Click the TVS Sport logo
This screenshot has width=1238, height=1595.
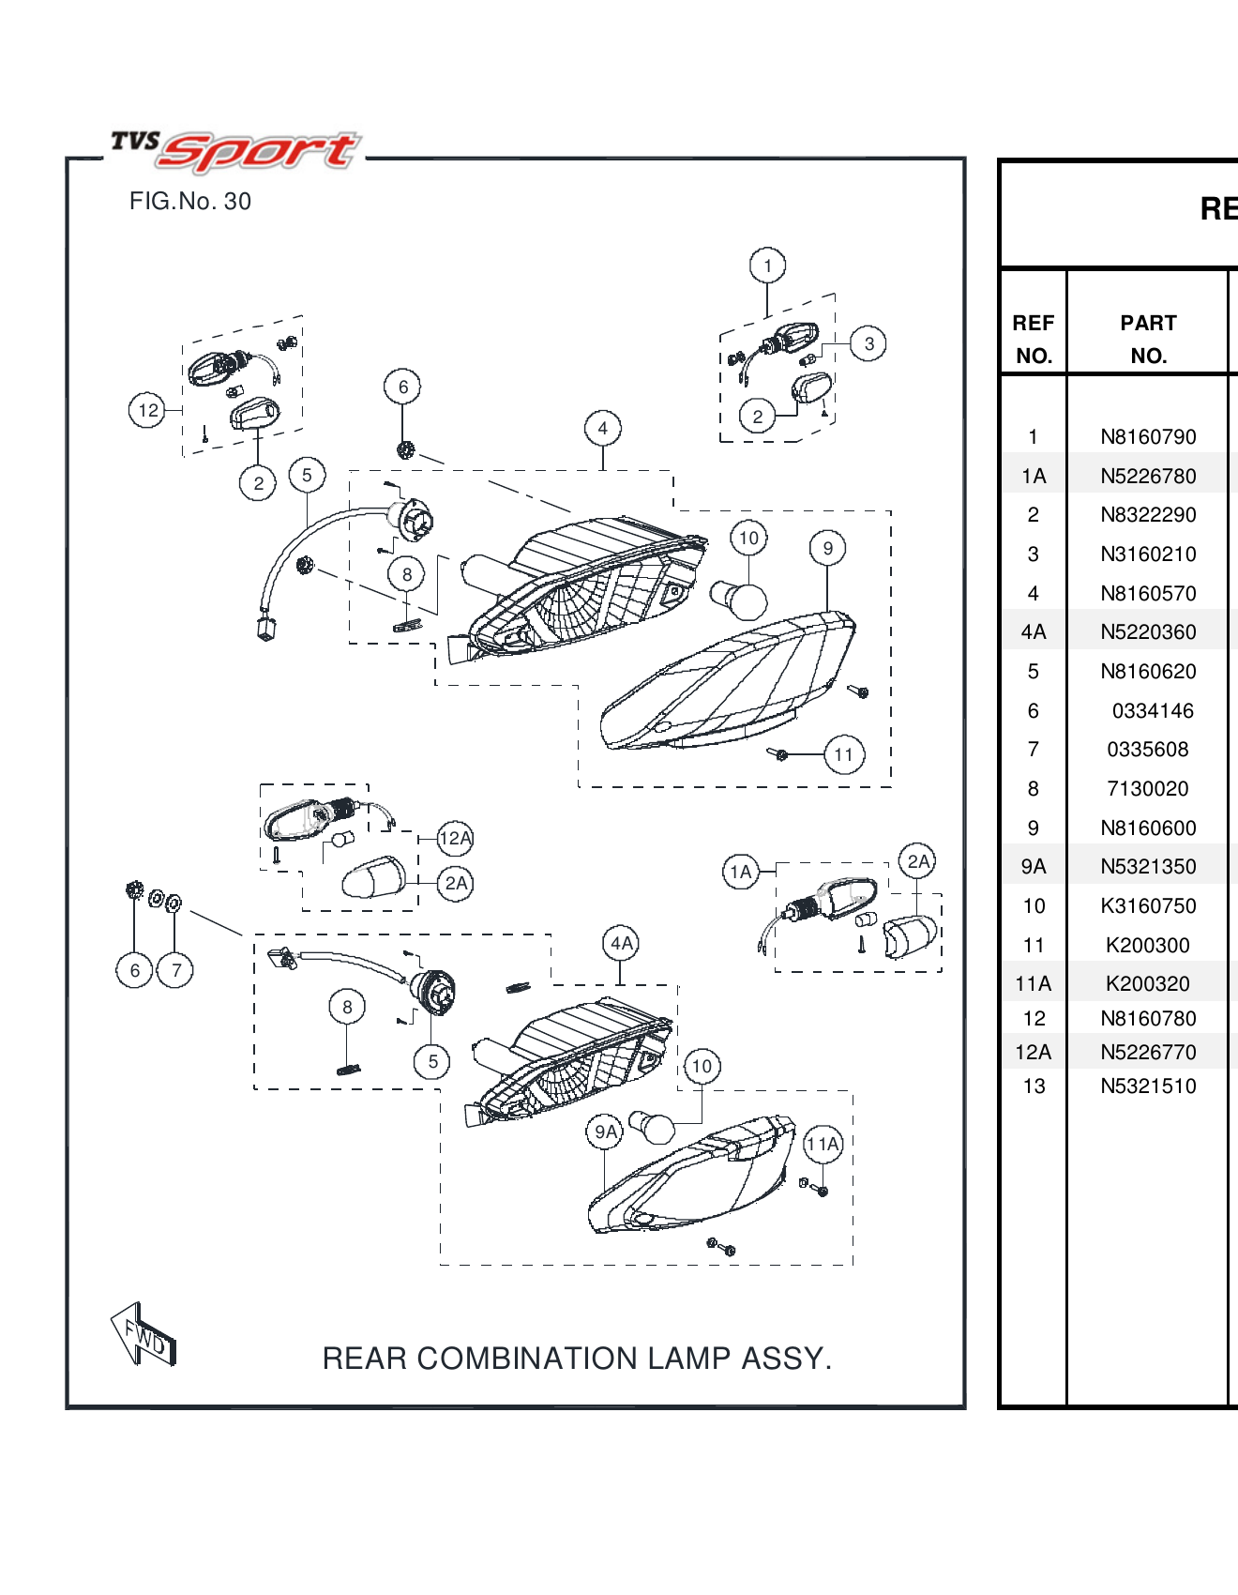point(234,150)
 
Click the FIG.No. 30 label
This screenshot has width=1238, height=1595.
point(190,202)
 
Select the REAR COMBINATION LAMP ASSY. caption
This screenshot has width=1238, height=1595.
point(577,1358)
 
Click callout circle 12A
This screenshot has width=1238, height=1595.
point(455,838)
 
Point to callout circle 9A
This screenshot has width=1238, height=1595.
point(606,1132)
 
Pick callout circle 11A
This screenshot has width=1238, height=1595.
point(823,1144)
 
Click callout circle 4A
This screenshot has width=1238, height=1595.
point(622,943)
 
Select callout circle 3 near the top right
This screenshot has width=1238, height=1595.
point(868,343)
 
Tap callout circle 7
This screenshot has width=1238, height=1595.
point(175,970)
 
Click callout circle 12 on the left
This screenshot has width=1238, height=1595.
point(147,410)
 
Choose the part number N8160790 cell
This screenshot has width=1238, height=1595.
point(1148,437)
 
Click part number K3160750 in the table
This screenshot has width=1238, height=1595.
point(1148,906)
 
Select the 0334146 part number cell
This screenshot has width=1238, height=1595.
point(1152,711)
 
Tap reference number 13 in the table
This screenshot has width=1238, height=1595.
point(1034,1086)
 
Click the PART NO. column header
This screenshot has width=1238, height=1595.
point(1148,339)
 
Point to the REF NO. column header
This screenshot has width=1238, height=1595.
point(1034,339)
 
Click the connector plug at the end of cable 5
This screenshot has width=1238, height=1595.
point(266,625)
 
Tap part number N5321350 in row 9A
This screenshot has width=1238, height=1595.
point(1148,867)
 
